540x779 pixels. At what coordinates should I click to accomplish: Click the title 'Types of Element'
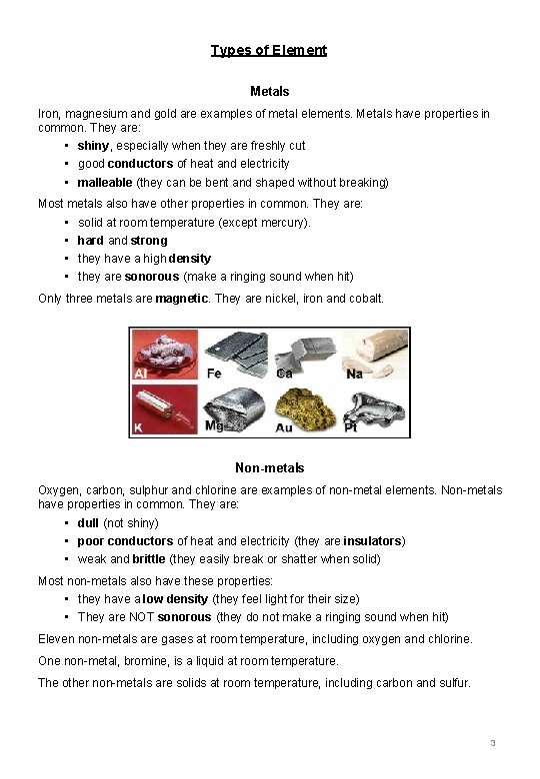pos(269,50)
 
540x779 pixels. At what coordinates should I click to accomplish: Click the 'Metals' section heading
pos(269,91)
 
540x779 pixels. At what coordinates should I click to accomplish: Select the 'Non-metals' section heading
pos(269,467)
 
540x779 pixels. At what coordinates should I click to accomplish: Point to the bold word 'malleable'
pos(105,182)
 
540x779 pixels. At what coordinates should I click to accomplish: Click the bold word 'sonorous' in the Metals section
pos(151,277)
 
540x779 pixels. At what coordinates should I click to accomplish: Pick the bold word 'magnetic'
pos(182,299)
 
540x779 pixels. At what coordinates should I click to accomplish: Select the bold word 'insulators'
pos(372,541)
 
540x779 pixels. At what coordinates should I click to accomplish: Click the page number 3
pos(493,744)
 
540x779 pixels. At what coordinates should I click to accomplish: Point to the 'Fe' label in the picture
pos(213,374)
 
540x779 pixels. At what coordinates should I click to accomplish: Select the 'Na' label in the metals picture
pos(354,374)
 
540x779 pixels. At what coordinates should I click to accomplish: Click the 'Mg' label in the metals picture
pos(214,426)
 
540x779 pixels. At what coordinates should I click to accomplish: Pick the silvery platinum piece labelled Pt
pos(371,405)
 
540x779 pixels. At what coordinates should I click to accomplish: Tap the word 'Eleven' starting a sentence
pos(56,639)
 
